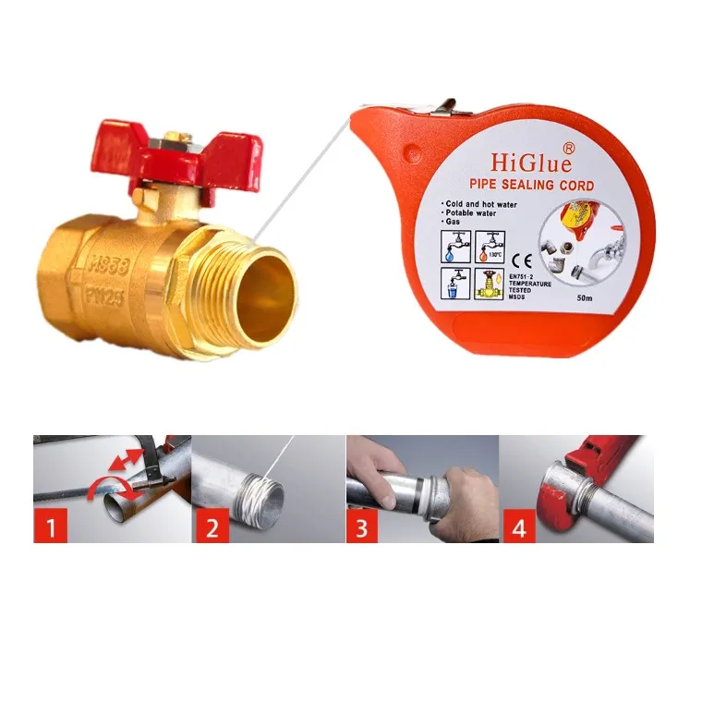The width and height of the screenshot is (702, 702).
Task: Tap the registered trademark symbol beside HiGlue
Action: click(569, 147)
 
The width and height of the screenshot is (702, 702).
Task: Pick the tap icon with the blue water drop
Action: click(457, 248)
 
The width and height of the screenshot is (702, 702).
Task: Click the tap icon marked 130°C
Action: click(490, 248)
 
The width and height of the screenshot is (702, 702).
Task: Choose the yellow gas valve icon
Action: click(490, 283)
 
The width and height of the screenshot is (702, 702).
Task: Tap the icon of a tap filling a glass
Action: click(457, 283)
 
